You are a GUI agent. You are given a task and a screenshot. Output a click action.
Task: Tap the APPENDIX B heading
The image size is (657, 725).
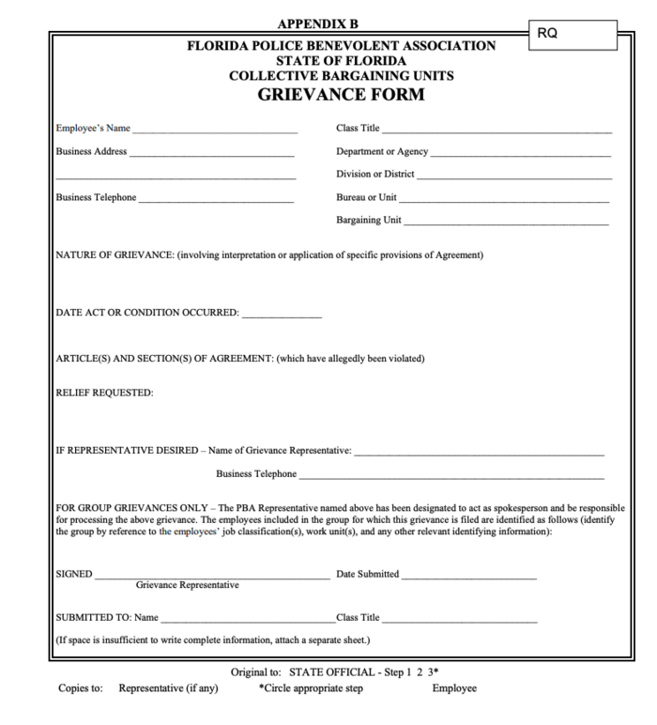point(318,23)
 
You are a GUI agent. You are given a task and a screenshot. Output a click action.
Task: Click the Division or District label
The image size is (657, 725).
point(374,175)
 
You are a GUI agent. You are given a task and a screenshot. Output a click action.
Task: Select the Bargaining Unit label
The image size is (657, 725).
point(369,221)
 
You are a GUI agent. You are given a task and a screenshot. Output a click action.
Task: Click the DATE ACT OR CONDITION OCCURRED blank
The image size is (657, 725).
point(282,316)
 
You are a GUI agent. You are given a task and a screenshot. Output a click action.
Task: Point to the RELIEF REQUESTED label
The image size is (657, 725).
point(104,393)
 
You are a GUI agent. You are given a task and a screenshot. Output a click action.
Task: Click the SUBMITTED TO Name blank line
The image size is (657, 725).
point(247,620)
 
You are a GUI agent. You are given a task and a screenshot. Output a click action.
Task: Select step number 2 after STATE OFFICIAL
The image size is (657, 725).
point(420,672)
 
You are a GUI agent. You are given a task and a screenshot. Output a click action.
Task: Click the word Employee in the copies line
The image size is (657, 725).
point(454,688)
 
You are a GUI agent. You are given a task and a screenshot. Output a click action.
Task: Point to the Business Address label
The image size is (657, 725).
point(91,151)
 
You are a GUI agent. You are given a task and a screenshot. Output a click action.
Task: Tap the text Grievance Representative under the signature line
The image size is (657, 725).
point(187,585)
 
